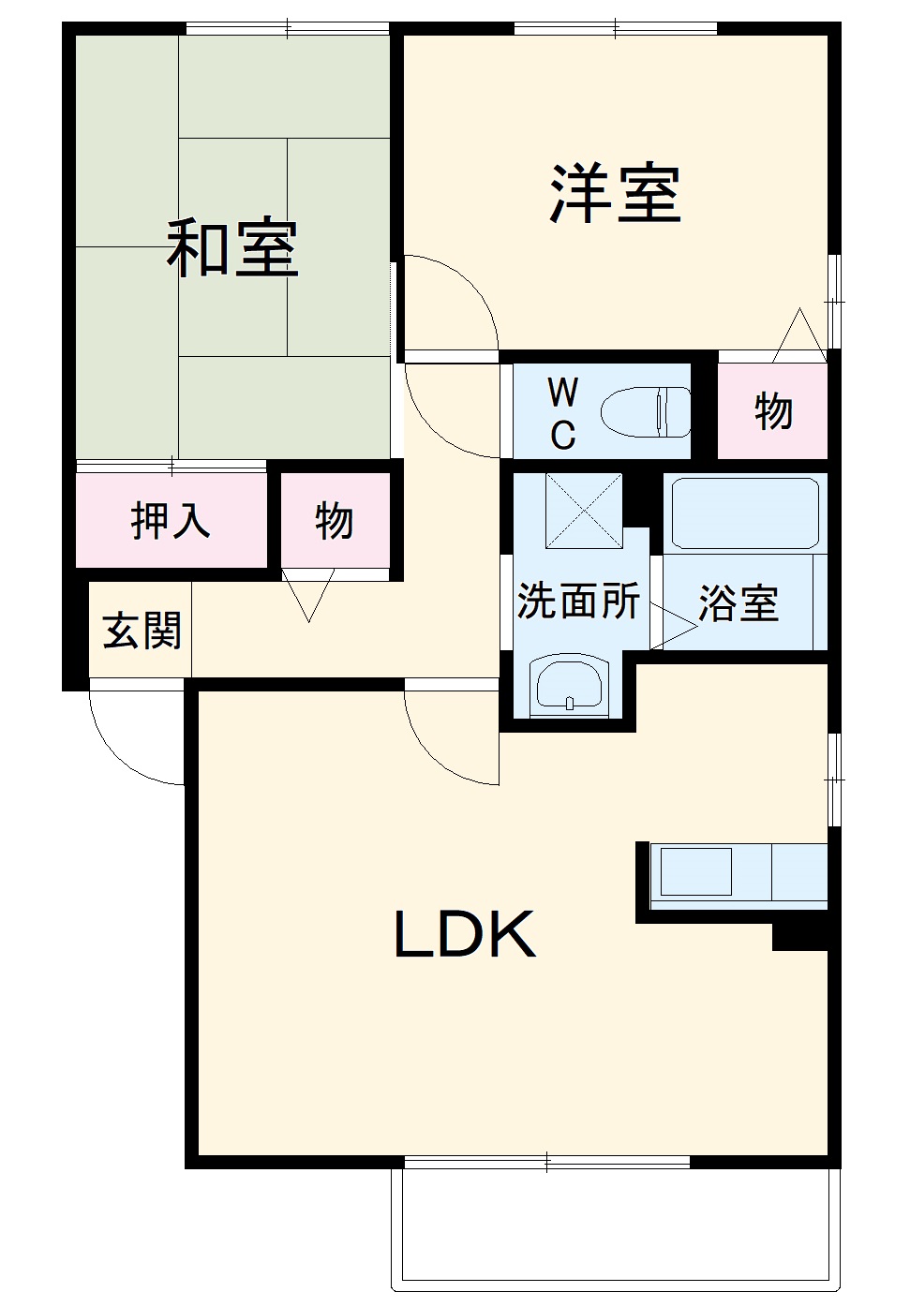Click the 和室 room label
click(x=232, y=248)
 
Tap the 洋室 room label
click(x=615, y=194)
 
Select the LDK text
click(x=464, y=934)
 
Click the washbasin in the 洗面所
click(x=570, y=687)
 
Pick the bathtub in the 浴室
click(x=745, y=512)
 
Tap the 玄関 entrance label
click(x=142, y=631)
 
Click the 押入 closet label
click(x=171, y=520)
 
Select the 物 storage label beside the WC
click(x=774, y=411)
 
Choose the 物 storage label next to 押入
click(x=335, y=520)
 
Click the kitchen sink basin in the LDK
click(x=696, y=872)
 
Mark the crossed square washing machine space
click(x=584, y=511)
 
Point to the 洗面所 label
click(x=578, y=601)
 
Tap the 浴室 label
click(x=738, y=603)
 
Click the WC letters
click(x=562, y=413)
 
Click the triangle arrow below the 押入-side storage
click(x=308, y=597)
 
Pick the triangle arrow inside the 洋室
click(x=799, y=336)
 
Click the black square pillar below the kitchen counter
click(x=799, y=937)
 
